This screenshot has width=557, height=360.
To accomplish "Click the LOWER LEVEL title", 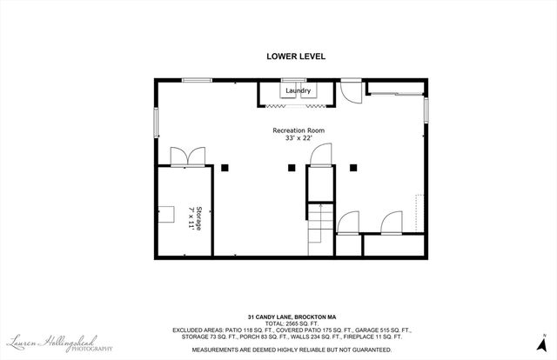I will point(295,57).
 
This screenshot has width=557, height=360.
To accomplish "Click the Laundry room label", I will point(298,90).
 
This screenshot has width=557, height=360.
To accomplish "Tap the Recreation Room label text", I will point(298,130).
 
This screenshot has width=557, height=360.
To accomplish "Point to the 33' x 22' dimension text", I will point(298,138).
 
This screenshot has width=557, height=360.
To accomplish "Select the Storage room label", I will point(198,217).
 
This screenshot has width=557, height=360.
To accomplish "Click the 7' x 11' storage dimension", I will point(190,217).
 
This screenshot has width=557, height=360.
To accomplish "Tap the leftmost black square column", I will point(224,165).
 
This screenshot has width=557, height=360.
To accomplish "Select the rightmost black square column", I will point(353,165).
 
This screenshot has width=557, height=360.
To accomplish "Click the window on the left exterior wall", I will point(156,121).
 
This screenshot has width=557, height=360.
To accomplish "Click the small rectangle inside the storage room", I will point(164,210).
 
